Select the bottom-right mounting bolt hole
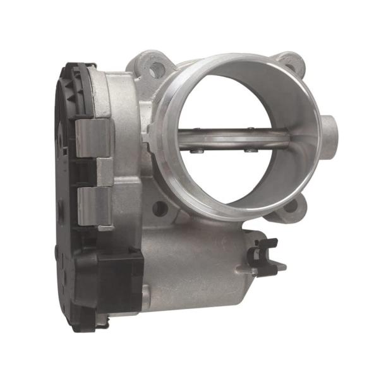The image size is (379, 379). [291, 206]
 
